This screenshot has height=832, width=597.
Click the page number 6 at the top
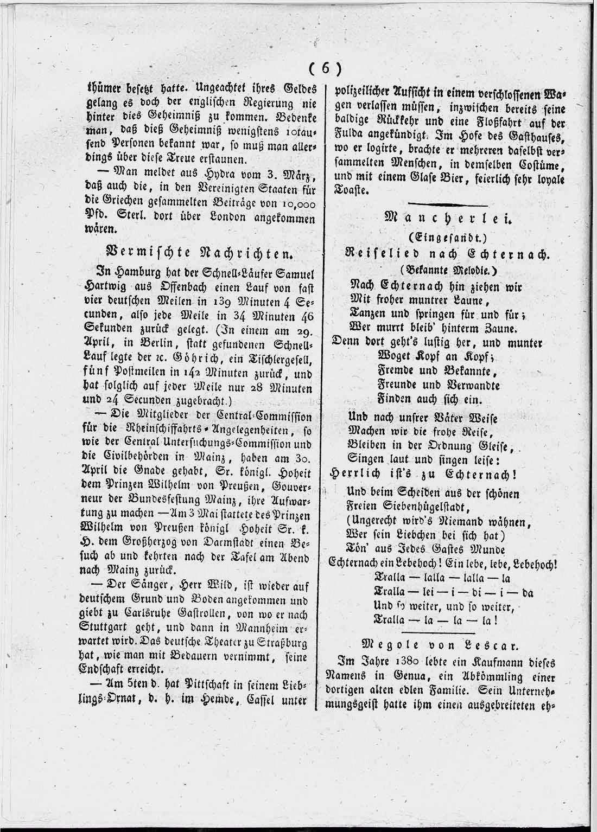pyautogui.click(x=325, y=68)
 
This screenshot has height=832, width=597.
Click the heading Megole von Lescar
pyautogui.click(x=440, y=645)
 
